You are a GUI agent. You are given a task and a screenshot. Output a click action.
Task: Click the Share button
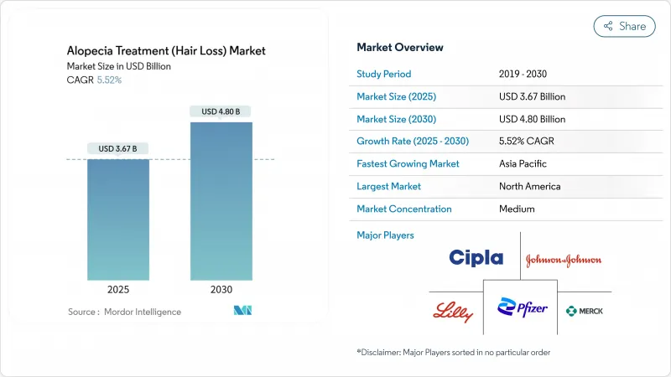(x=624, y=26)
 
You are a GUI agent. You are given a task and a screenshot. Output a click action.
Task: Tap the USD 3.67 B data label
(x=117, y=149)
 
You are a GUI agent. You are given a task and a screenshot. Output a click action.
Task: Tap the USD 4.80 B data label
(x=221, y=111)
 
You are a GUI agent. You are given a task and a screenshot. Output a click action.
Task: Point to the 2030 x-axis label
(x=221, y=290)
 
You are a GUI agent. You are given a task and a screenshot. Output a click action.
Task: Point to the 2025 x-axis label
(x=118, y=290)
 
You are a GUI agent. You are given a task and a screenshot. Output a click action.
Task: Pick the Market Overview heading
(x=400, y=48)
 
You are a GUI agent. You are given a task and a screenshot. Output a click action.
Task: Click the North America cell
(x=530, y=186)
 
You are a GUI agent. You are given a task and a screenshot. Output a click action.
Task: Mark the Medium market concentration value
(x=518, y=209)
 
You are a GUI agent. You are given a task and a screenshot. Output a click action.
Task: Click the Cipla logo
(x=476, y=258)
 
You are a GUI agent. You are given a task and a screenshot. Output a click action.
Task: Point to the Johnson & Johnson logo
(x=564, y=260)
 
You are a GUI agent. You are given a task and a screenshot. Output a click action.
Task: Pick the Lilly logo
(x=452, y=312)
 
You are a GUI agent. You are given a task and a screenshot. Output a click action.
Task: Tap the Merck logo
(x=585, y=311)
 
